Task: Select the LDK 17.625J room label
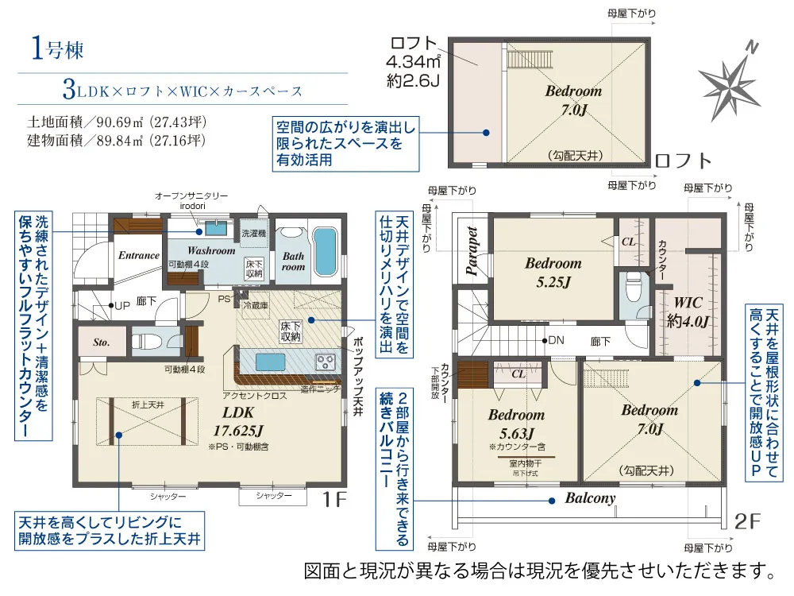238,423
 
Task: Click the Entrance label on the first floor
139,255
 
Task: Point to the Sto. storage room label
101,343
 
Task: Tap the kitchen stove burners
326,362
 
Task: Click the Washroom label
211,250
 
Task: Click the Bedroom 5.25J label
553,271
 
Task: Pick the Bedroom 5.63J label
516,423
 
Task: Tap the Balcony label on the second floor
590,498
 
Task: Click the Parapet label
472,251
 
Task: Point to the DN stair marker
556,340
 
